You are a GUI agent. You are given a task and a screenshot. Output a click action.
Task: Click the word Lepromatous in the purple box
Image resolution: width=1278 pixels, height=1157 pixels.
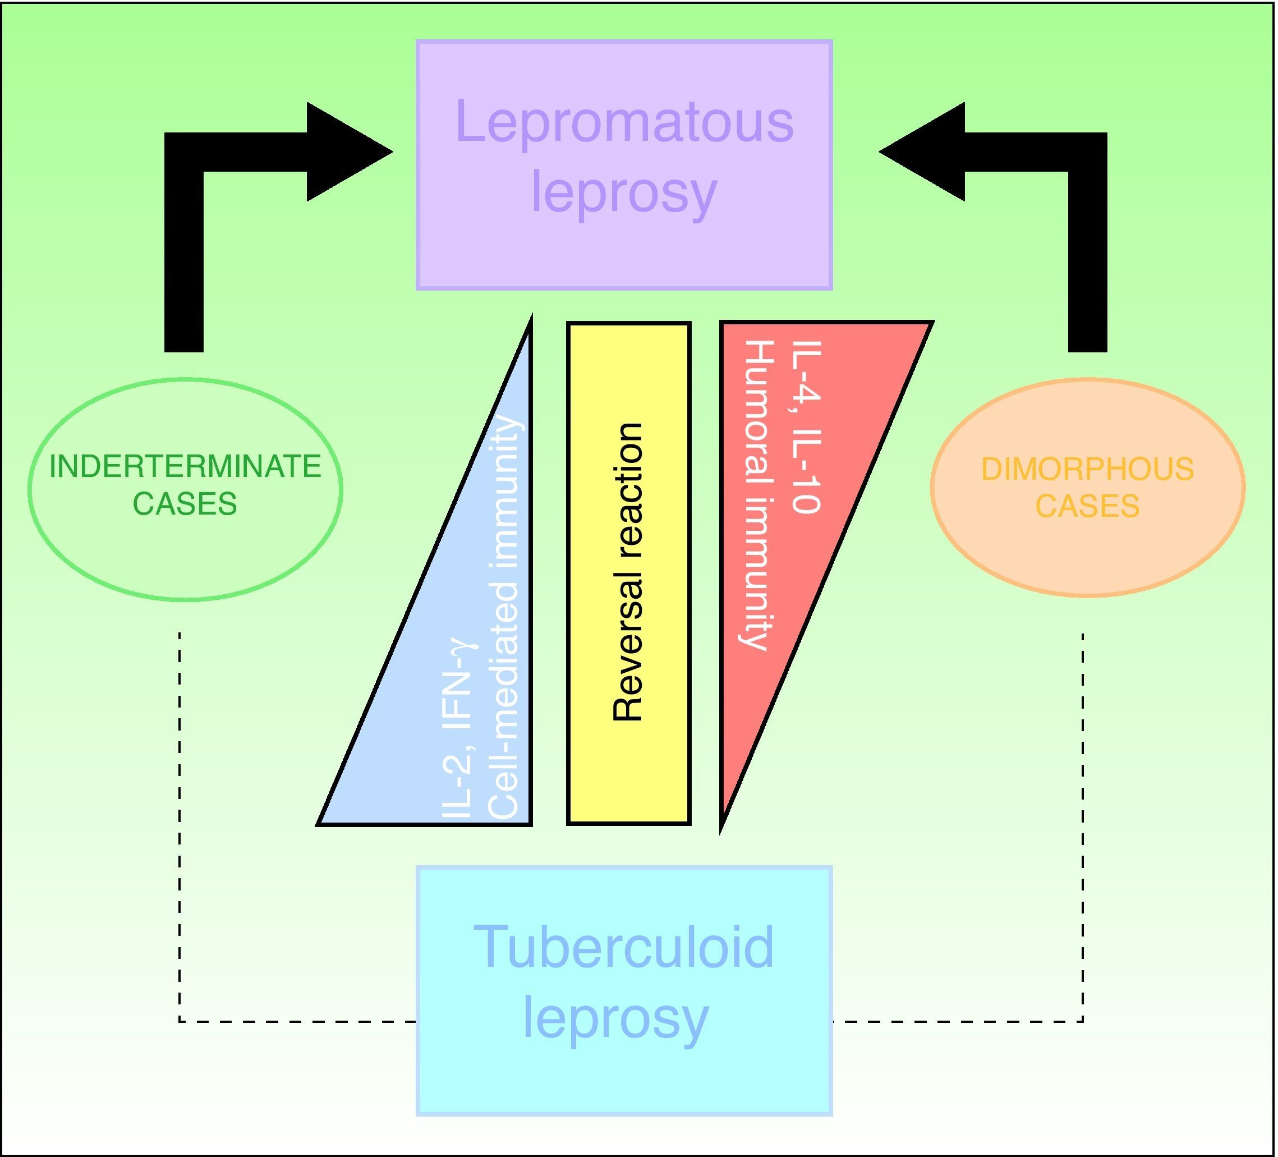pos(624,122)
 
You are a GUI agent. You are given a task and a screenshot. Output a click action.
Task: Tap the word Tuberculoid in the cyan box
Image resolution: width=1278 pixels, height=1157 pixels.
pos(624,947)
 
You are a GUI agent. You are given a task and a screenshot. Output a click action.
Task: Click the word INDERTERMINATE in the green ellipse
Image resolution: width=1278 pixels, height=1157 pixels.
pos(185,467)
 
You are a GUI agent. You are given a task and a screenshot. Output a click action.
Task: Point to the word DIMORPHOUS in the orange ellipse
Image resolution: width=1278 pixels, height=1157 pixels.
pos(1087,470)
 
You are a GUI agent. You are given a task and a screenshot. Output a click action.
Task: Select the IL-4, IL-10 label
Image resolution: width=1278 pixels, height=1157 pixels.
pos(807,426)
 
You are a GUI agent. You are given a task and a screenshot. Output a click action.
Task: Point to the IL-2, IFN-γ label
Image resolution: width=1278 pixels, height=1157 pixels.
pos(457,728)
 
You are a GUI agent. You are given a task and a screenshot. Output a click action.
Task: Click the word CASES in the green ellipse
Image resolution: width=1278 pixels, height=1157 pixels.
pos(185,504)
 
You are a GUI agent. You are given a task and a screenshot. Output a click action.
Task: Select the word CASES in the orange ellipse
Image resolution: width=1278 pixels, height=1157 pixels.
pos(1087,506)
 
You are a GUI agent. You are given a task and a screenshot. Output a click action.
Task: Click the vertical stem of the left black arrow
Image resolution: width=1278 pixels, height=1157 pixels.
pos(184,267)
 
